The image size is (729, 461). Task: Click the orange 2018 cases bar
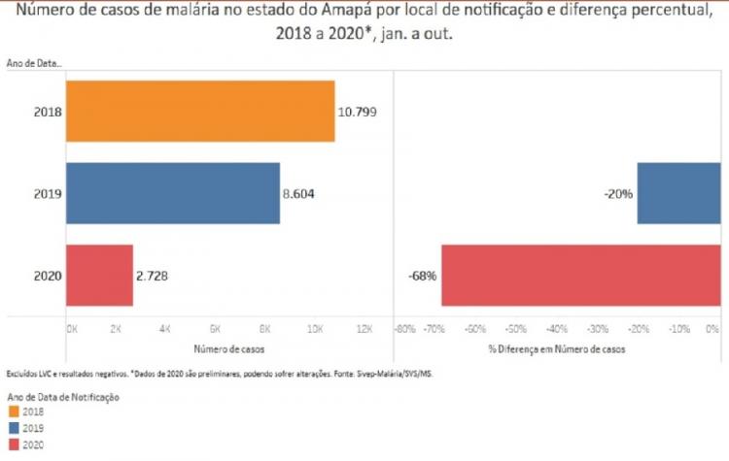[200, 111]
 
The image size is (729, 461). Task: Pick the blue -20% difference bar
[678, 193]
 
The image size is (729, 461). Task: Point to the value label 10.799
[357, 112]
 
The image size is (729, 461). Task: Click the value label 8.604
[301, 194]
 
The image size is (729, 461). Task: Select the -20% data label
[619, 194]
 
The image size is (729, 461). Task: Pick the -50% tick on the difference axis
[516, 329]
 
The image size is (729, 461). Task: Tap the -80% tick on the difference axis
[404, 329]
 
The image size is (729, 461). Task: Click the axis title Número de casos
[218, 346]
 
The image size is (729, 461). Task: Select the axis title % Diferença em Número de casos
[556, 346]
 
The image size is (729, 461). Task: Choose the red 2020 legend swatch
[12, 444]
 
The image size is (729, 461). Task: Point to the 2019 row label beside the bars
[48, 194]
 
